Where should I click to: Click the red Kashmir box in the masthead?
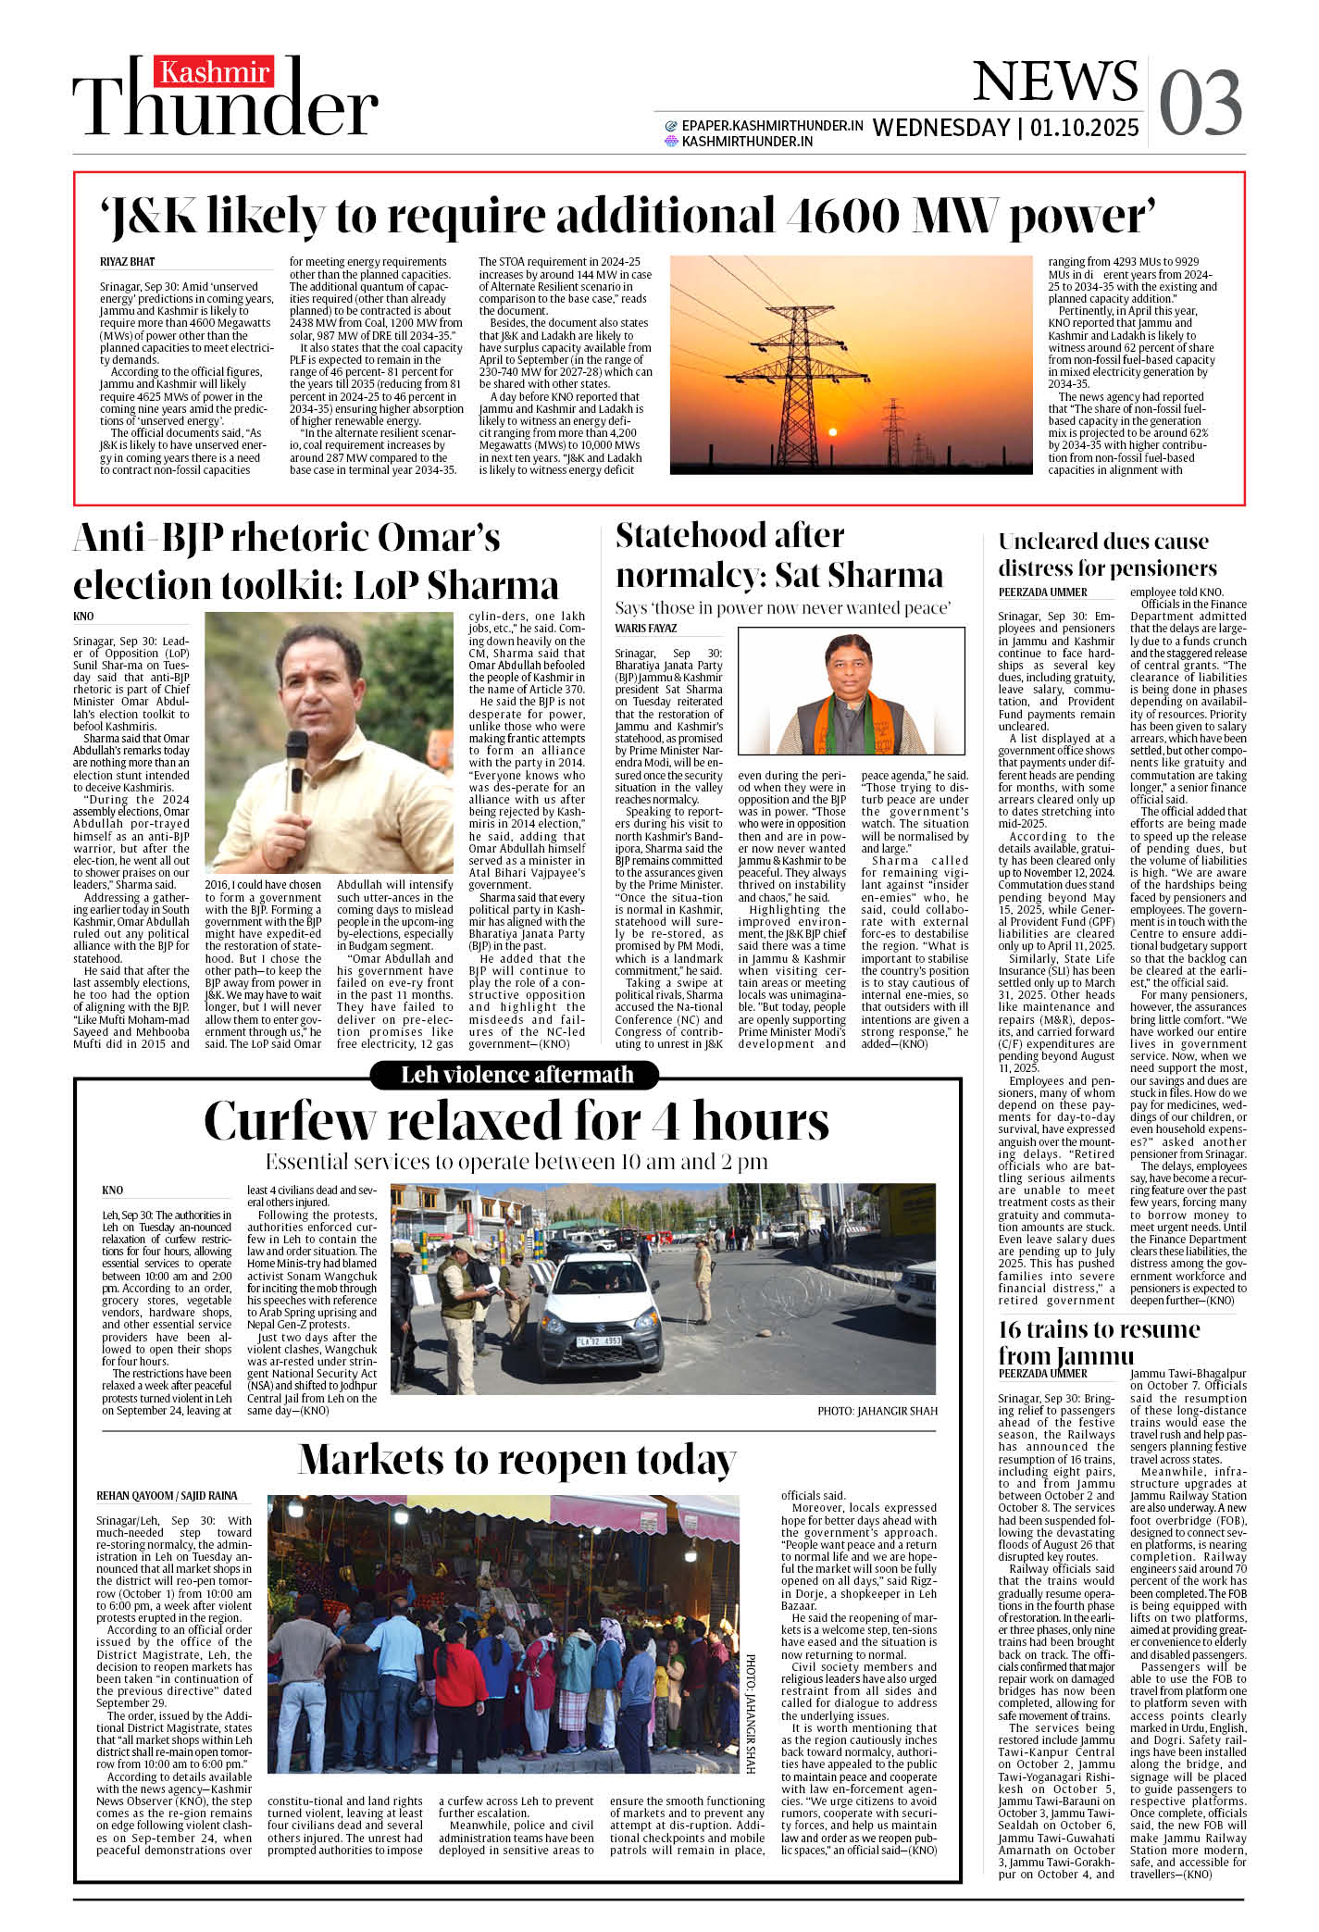(214, 72)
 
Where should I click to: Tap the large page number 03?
(1200, 103)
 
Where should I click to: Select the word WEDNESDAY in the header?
(940, 128)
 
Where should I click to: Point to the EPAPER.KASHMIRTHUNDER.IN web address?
(772, 125)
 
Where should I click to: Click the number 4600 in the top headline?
(841, 216)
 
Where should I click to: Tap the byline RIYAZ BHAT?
(128, 262)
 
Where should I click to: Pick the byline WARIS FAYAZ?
(646, 629)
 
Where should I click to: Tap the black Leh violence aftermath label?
(515, 1075)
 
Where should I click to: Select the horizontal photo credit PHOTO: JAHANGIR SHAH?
(877, 1411)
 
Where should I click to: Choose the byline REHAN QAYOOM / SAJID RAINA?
(167, 1496)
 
